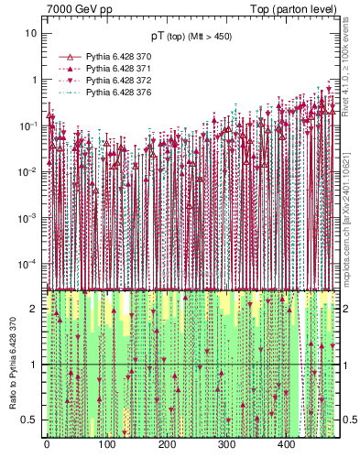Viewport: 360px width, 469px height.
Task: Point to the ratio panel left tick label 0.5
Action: tap(31, 420)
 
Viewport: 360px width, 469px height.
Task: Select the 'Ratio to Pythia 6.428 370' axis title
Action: tap(13, 365)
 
